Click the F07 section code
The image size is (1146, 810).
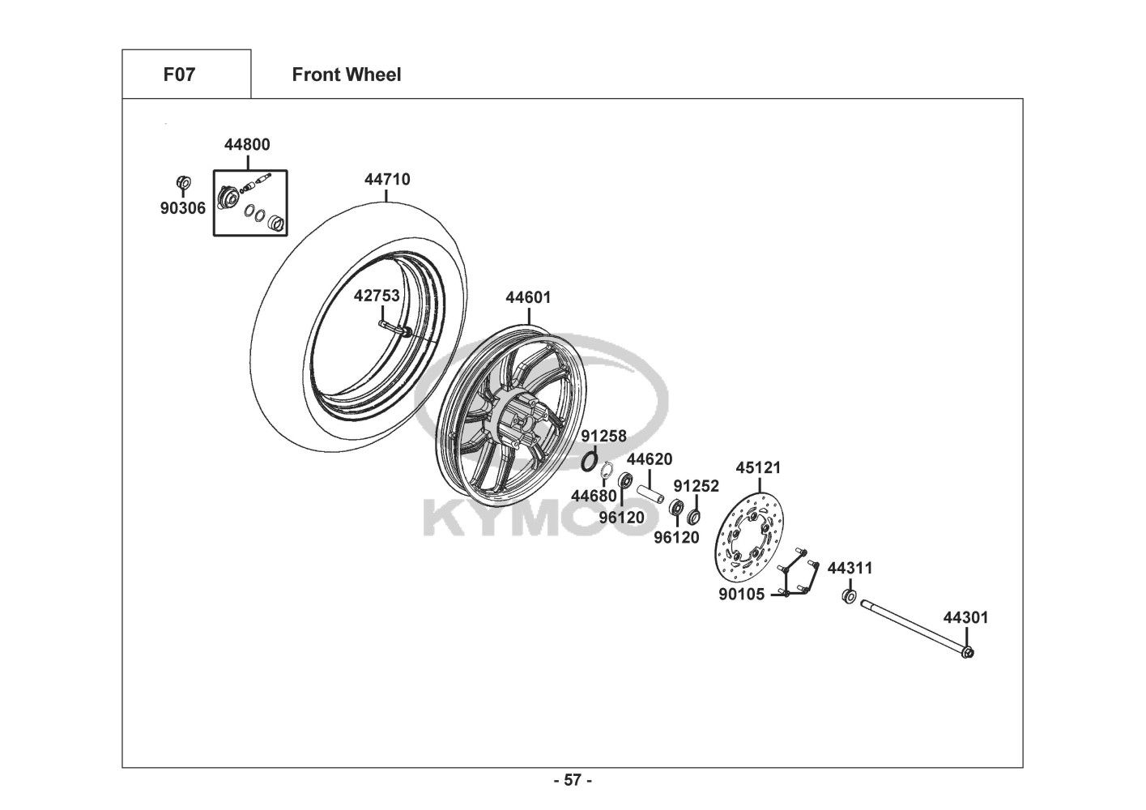pyautogui.click(x=179, y=75)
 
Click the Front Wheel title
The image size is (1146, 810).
pyautogui.click(x=346, y=75)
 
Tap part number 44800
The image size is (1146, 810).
pyautogui.click(x=247, y=145)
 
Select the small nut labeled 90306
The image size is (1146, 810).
pyautogui.click(x=183, y=181)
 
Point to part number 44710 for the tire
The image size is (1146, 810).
pyautogui.click(x=387, y=180)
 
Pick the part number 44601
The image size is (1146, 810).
pyautogui.click(x=528, y=297)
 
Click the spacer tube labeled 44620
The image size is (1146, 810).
pyautogui.click(x=650, y=491)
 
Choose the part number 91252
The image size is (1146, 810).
pyautogui.click(x=696, y=486)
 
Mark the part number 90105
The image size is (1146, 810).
pyautogui.click(x=741, y=595)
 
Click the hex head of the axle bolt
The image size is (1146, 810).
pyautogui.click(x=969, y=653)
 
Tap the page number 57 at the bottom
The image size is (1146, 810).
pyautogui.click(x=573, y=781)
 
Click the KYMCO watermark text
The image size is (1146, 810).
pyautogui.click(x=535, y=522)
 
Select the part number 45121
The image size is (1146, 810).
pyautogui.click(x=758, y=468)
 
